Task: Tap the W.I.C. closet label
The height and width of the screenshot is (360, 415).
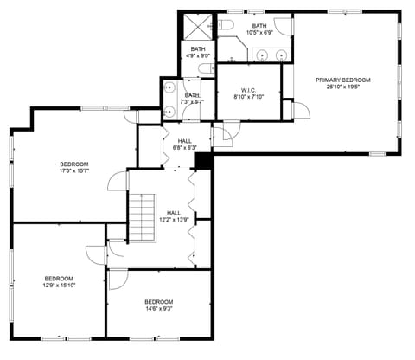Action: click(x=248, y=90)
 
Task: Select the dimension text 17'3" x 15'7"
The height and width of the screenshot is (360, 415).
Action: click(x=73, y=170)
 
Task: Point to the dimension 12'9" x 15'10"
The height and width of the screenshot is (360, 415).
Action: click(x=59, y=285)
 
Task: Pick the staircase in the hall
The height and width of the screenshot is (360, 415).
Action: click(x=142, y=217)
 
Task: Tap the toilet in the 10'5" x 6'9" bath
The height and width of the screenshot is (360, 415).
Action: click(x=225, y=24)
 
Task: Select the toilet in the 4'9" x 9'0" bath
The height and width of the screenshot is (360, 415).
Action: click(x=204, y=67)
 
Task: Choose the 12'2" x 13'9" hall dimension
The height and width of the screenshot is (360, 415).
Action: click(x=174, y=219)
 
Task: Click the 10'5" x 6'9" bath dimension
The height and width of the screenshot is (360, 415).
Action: click(x=259, y=33)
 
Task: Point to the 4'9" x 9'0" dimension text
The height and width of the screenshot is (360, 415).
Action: click(x=198, y=55)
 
